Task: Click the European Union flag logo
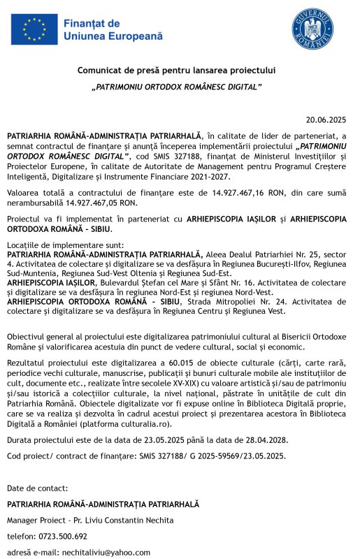34,29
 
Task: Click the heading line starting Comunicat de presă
177,70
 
